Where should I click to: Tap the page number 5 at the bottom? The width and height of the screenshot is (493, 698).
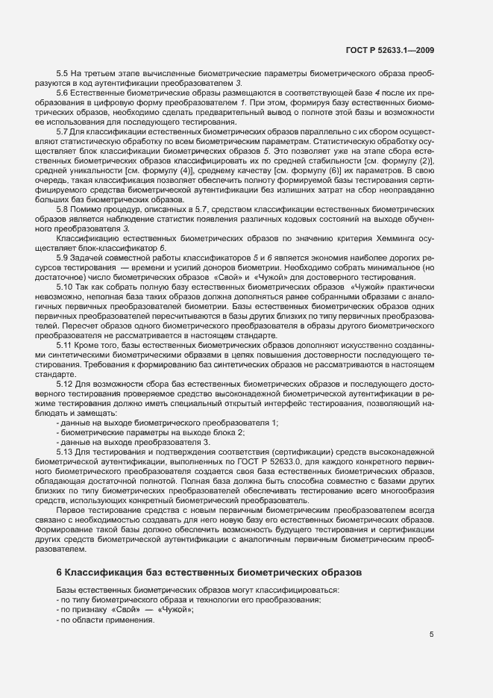pyautogui.click(x=431, y=635)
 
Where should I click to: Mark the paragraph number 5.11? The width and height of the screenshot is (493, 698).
pyautogui.click(x=66, y=346)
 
